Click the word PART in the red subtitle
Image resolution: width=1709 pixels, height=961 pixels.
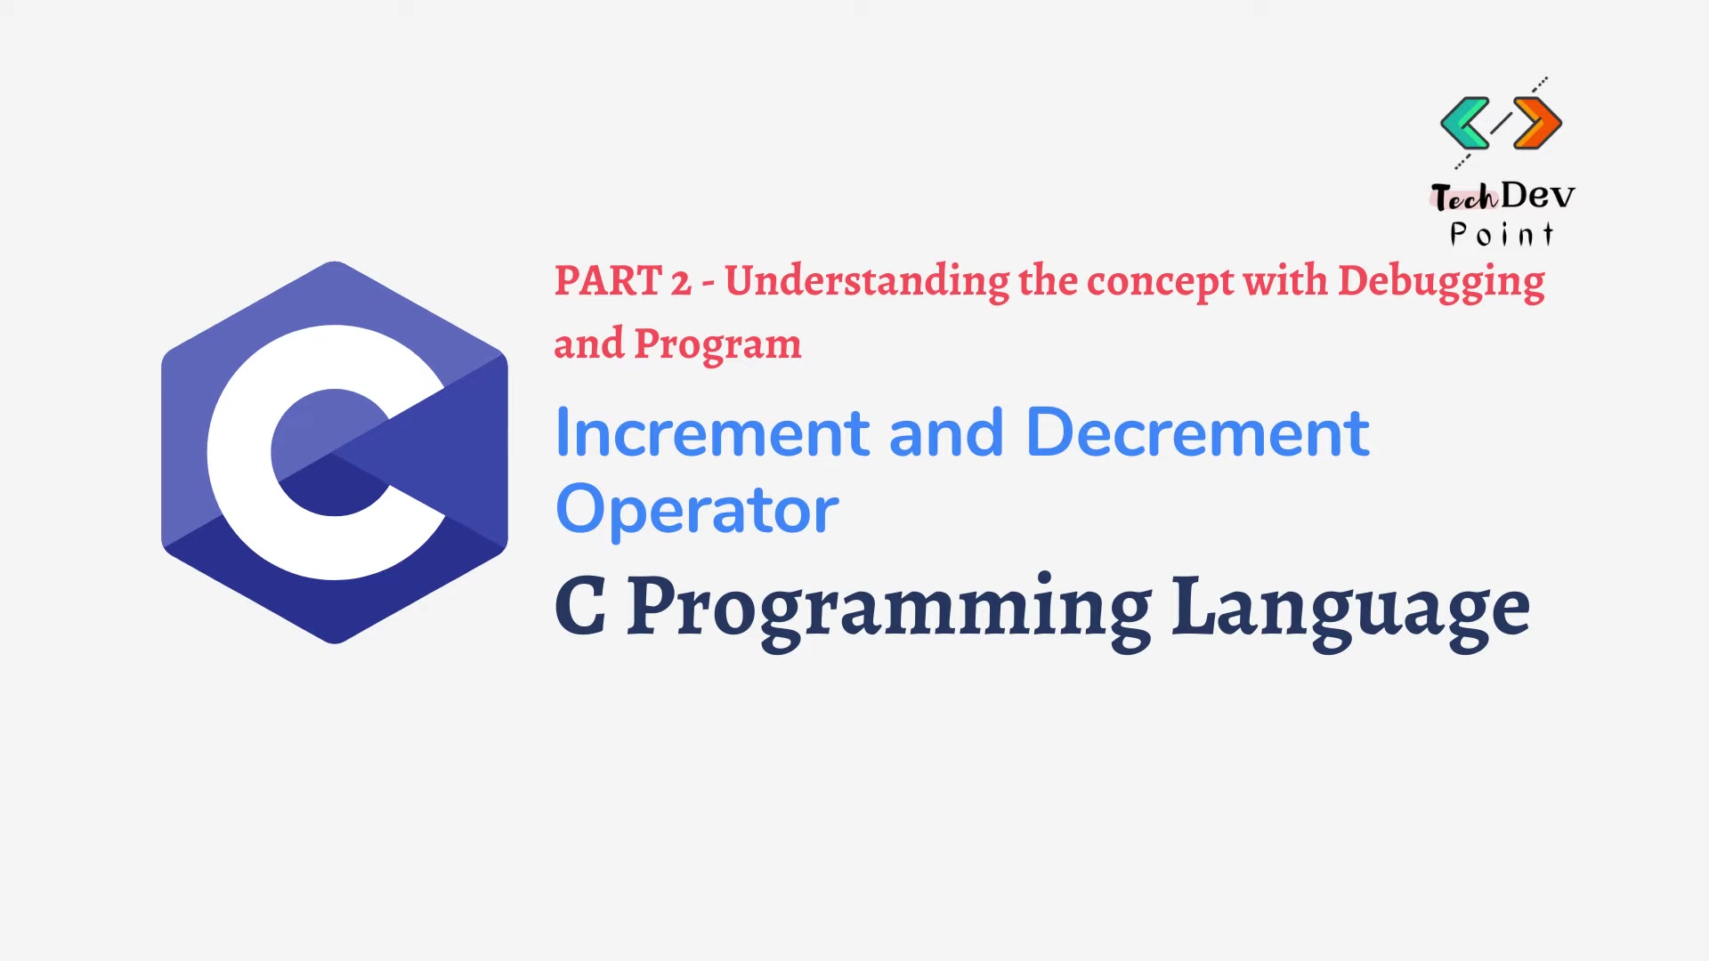(608, 281)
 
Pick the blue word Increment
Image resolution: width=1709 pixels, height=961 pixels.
(712, 433)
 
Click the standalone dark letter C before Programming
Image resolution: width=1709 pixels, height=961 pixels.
(580, 606)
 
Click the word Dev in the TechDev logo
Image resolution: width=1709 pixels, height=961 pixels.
(1537, 195)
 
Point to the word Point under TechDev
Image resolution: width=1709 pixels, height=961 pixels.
(1502, 234)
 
